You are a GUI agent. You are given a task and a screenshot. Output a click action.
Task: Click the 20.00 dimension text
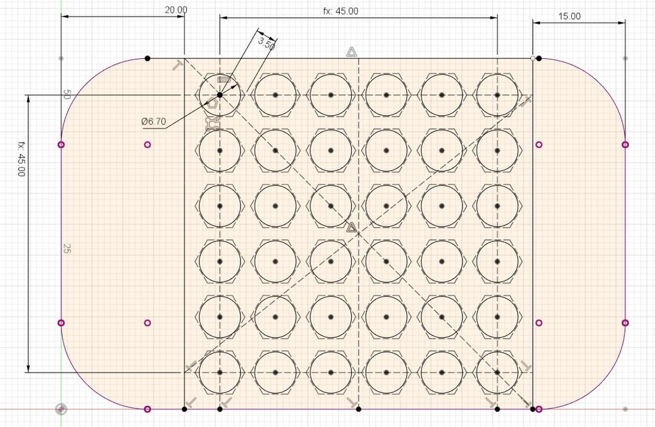click(x=176, y=10)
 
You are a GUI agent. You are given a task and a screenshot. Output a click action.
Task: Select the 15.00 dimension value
click(x=569, y=16)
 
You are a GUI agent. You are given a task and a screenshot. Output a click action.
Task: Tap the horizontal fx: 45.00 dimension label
click(x=340, y=12)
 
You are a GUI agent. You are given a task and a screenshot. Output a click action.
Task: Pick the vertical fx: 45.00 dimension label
click(x=21, y=159)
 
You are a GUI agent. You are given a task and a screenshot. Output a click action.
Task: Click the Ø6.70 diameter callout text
click(x=154, y=122)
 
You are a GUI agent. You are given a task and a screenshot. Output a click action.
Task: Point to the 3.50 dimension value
click(x=267, y=43)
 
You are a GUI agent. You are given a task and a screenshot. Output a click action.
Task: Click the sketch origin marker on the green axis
click(x=61, y=408)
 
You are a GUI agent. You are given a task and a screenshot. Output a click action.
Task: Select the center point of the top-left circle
click(x=220, y=95)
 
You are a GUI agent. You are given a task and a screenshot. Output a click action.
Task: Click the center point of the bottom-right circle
click(x=497, y=372)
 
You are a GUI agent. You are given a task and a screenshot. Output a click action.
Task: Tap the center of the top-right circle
click(x=497, y=95)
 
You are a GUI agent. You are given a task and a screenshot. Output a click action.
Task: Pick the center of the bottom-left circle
click(x=220, y=372)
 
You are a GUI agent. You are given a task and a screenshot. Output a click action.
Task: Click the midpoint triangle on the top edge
click(x=352, y=52)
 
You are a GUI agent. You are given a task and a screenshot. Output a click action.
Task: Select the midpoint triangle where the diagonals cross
click(x=352, y=227)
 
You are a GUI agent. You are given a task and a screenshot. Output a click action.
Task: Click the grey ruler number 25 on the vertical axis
click(x=67, y=248)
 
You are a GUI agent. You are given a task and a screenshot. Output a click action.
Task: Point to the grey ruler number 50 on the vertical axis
click(x=67, y=95)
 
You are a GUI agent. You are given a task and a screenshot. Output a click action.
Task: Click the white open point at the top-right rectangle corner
click(x=533, y=58)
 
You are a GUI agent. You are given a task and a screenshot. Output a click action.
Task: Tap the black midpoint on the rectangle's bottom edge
click(x=358, y=409)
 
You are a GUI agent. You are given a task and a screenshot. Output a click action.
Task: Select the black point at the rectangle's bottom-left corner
click(x=185, y=409)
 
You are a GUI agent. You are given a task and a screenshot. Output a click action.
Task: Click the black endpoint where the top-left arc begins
click(x=147, y=58)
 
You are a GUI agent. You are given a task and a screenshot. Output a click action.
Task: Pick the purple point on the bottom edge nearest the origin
click(x=147, y=409)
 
